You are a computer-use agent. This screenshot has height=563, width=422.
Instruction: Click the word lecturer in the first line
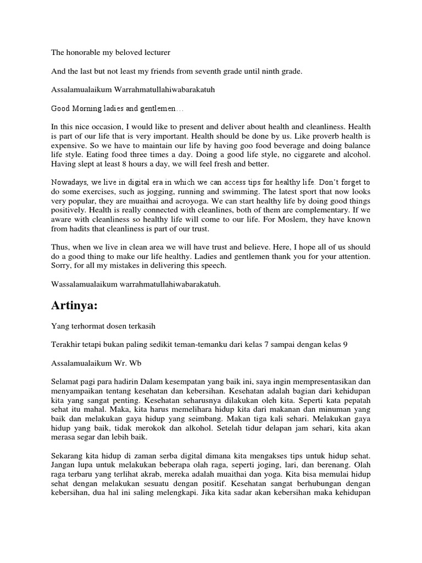pyautogui.click(x=154, y=53)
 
